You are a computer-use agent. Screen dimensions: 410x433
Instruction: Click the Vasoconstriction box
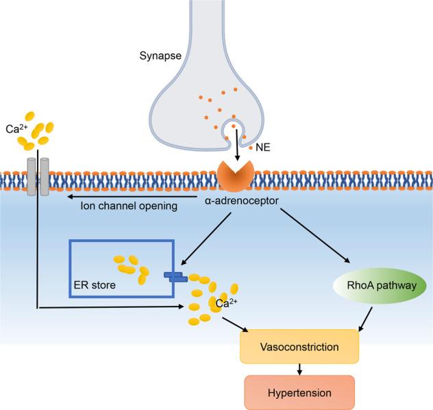(300, 347)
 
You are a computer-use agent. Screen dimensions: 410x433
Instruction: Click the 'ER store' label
(95, 283)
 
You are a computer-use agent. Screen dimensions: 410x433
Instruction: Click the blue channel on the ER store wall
(175, 276)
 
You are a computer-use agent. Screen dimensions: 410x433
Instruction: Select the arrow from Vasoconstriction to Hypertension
(299, 369)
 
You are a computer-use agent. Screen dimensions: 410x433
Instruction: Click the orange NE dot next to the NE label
(251, 148)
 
